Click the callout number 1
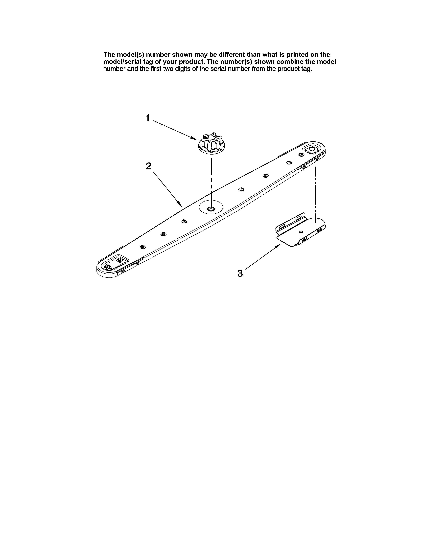[x=148, y=118]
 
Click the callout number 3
[x=240, y=273]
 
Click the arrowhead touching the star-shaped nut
[x=194, y=138]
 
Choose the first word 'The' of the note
[x=109, y=54]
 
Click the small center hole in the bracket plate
[x=301, y=232]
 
